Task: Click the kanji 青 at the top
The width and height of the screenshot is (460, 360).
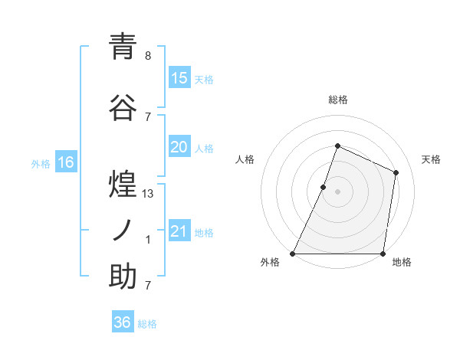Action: [x=123, y=47]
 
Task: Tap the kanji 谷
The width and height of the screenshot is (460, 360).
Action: [x=123, y=108]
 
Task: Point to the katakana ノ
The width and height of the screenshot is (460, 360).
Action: [x=123, y=231]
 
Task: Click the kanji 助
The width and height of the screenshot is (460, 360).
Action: [x=123, y=277]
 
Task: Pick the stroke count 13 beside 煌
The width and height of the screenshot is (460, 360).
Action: [x=148, y=194]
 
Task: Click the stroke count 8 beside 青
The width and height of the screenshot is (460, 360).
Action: [x=148, y=56]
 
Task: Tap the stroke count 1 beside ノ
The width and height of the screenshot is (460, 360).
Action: [x=148, y=240]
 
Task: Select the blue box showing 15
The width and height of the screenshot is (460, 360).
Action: [x=179, y=78]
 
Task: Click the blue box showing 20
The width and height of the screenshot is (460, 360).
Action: [x=179, y=147]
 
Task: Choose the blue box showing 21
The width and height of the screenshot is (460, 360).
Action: [x=179, y=231]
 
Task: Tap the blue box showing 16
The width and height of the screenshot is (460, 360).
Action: [x=65, y=162]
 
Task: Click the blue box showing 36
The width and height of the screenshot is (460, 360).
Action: [x=122, y=322]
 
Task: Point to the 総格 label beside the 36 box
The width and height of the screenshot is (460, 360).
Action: [x=148, y=324]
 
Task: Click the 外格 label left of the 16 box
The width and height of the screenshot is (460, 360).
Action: [x=41, y=163]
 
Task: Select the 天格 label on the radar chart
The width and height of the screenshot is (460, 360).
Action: [x=432, y=159]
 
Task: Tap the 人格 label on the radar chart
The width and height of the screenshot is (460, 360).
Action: [x=245, y=159]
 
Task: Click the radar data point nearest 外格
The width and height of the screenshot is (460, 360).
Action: [x=293, y=254]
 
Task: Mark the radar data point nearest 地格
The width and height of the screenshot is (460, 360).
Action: [x=383, y=254]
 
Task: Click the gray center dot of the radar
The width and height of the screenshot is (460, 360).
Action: [x=337, y=191]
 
